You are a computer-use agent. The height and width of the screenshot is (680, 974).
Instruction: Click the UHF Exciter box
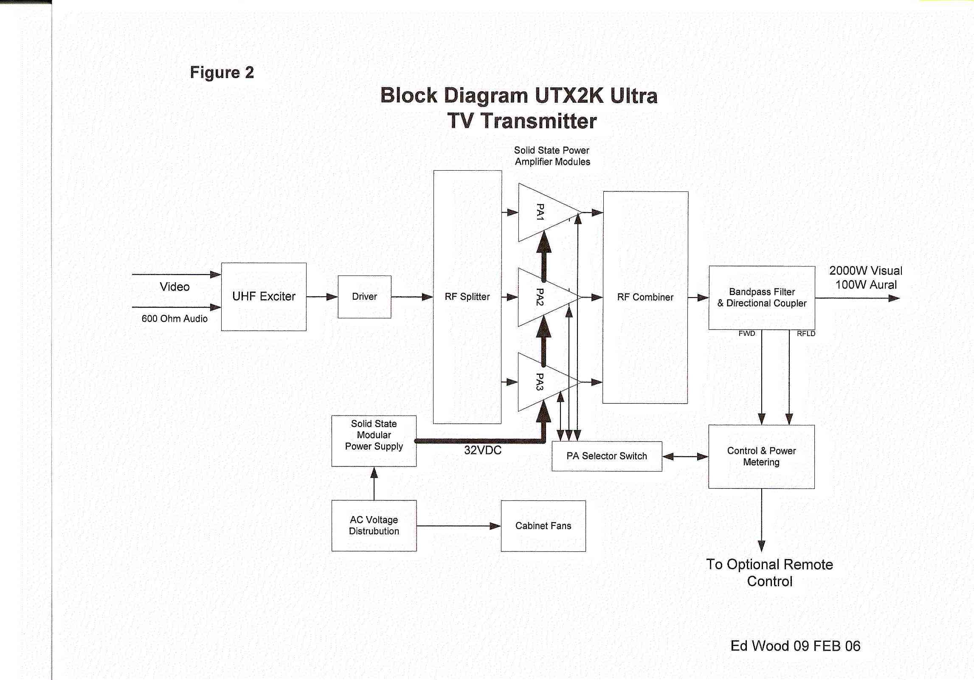point(264,296)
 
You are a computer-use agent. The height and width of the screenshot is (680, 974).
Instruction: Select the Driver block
point(364,296)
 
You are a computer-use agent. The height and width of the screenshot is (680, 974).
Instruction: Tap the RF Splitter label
point(467,297)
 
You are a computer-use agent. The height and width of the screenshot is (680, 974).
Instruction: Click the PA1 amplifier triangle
point(541,212)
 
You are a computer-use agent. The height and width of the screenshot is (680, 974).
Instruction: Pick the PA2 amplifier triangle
point(541,297)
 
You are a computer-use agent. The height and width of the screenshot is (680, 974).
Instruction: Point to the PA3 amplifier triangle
point(541,382)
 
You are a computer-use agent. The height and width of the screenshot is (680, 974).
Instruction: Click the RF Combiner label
point(645,297)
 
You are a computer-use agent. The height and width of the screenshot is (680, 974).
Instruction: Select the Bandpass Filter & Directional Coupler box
point(762,298)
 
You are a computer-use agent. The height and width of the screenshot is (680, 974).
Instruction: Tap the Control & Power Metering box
point(761,456)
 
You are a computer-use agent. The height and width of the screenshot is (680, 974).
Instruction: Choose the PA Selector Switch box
point(607,456)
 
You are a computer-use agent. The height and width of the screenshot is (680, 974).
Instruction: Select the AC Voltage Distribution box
point(374,525)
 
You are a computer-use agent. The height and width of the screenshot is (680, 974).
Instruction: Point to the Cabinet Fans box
point(543,526)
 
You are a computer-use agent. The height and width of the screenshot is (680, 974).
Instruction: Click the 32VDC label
point(483,450)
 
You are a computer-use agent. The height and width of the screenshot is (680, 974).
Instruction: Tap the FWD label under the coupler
point(747,334)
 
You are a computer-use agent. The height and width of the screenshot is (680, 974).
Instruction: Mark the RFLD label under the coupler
point(806,334)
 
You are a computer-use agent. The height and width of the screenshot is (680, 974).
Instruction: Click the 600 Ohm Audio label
point(175,319)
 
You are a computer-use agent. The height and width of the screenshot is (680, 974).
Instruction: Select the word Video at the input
point(175,287)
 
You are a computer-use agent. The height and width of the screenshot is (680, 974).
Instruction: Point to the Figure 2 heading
point(222,73)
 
